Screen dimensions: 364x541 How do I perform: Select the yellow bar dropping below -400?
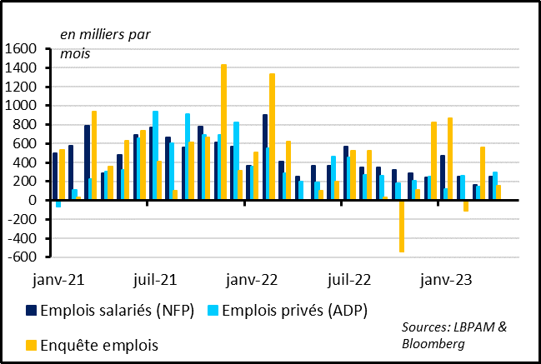click(x=402, y=226)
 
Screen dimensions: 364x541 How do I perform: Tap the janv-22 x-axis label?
click(x=253, y=279)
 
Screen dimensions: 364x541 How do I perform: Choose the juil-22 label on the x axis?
click(x=350, y=279)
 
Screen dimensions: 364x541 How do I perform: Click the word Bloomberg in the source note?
click(x=433, y=343)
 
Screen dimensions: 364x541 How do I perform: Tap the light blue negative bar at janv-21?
click(x=59, y=204)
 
